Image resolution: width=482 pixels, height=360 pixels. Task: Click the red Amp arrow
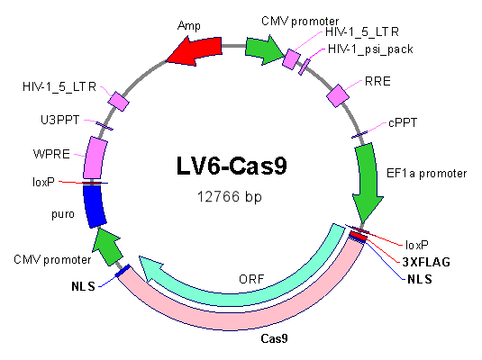click(196, 49)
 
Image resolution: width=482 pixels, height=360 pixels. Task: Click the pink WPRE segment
click(95, 157)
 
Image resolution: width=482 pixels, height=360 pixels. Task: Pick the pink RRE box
click(338, 95)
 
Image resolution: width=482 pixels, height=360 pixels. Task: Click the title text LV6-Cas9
click(232, 166)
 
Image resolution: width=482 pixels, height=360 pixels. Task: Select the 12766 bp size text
click(230, 196)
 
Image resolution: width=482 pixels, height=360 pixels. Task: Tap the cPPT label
click(403, 123)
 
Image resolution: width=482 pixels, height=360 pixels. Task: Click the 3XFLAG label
click(426, 262)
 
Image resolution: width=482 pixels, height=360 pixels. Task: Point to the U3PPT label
click(60, 120)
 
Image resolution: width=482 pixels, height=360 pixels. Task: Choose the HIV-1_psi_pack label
click(370, 49)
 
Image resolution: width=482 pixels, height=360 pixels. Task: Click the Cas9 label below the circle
click(274, 338)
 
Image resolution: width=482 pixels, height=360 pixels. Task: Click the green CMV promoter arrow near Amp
click(264, 49)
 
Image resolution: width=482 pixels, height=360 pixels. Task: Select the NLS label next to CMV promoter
click(83, 286)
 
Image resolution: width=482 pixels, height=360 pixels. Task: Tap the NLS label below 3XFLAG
click(420, 279)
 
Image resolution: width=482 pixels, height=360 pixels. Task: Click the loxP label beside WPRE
click(43, 182)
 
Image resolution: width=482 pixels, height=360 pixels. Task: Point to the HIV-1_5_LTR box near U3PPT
click(118, 101)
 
